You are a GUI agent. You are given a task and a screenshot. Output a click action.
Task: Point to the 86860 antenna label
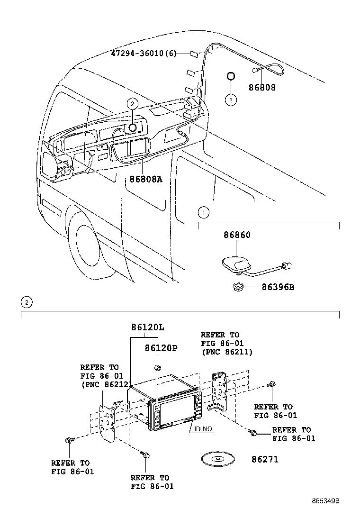(237, 236)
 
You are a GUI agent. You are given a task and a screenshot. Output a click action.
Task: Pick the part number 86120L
(148, 327)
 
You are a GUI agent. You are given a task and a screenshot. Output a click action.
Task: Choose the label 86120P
(161, 348)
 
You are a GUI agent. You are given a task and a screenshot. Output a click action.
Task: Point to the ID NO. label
(204, 429)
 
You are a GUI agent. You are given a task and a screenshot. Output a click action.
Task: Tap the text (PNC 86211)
(227, 352)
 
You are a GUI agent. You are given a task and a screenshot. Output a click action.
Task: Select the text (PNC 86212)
(105, 384)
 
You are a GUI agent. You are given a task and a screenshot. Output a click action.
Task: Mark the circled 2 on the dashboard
(133, 103)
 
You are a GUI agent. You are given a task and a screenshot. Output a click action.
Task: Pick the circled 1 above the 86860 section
(203, 211)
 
